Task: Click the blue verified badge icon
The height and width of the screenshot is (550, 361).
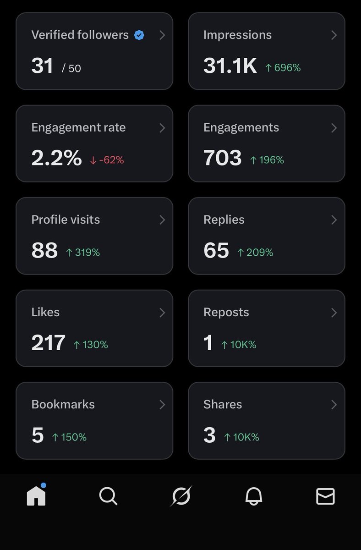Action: pos(139,35)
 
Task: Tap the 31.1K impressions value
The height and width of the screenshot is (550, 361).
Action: pos(230,66)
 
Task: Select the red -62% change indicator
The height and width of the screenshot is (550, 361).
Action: pos(107,160)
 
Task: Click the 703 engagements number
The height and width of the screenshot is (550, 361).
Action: pos(222,158)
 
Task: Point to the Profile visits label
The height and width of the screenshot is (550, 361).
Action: pos(66,220)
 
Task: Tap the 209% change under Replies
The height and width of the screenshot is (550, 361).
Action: pos(255,252)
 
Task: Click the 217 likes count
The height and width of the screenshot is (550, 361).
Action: pos(48,343)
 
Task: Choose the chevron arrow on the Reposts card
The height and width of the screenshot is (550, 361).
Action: pos(334,313)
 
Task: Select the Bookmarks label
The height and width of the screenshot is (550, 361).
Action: pos(63,404)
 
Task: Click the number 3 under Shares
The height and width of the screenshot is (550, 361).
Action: pos(209,435)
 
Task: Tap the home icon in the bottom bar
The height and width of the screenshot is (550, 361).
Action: pos(36,495)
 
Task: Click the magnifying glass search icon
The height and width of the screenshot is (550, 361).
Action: pos(108,496)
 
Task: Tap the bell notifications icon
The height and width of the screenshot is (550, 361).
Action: pos(253,496)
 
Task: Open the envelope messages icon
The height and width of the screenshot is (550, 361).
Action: pos(325,496)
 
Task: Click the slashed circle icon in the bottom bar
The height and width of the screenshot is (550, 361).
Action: pos(181,496)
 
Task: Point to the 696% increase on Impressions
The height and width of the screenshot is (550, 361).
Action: pos(283,68)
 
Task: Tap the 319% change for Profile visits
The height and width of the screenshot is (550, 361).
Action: pos(83,252)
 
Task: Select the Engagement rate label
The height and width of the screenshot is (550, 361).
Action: pos(78,127)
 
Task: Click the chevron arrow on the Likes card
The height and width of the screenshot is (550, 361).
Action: pos(162,313)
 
